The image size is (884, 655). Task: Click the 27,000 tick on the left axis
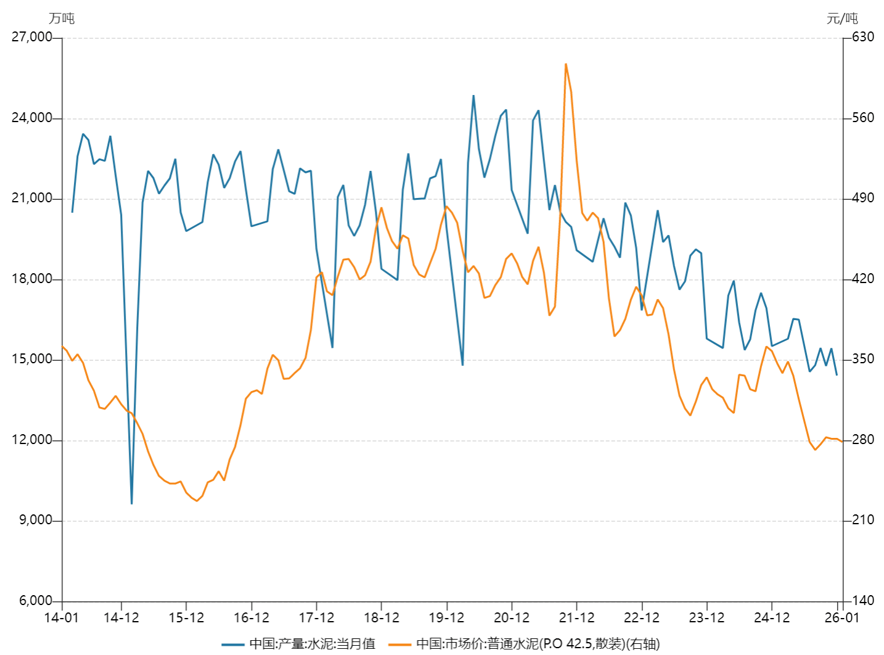pos(32,37)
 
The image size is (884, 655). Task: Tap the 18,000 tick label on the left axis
pos(32,279)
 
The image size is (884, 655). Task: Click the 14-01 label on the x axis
pos(62,617)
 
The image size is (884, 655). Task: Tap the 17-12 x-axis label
pos(316,617)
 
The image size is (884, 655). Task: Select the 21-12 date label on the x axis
pos(576,617)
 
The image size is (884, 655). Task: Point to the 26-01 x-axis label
pos(842,617)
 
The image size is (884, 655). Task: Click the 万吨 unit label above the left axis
pos(62,19)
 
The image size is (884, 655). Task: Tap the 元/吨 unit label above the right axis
pos(841,19)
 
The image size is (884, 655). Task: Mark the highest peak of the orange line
pos(565,64)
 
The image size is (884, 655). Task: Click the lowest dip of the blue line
pos(131,503)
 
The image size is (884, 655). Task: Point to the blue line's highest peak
pos(473,96)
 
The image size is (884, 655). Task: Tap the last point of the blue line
pos(837,374)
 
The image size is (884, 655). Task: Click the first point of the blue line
pos(72,212)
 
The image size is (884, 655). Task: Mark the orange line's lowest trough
pos(197,501)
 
